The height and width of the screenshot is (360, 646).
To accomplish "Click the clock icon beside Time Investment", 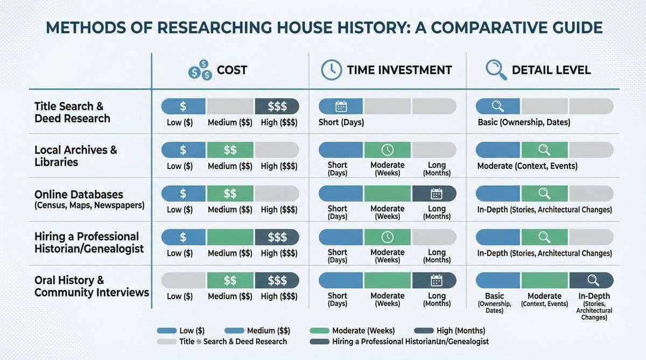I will tap(332, 70).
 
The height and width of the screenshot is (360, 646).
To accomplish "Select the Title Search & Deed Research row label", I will tap(72, 112).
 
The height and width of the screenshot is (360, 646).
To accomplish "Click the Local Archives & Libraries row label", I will tap(75, 156).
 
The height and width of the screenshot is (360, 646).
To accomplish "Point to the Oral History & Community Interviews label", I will tap(92, 286).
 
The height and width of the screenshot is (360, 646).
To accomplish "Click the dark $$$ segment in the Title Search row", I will tap(277, 106).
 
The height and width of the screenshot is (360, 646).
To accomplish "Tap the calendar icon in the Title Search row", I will tap(341, 106).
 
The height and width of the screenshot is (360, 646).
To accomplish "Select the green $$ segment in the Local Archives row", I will tap(230, 150).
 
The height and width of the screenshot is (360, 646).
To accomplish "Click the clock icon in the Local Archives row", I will tap(387, 150).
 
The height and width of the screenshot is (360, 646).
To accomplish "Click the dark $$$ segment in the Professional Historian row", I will tap(277, 237).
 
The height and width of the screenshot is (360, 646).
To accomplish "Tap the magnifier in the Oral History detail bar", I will tap(593, 280).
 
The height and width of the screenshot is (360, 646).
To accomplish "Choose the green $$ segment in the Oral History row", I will tap(230, 280).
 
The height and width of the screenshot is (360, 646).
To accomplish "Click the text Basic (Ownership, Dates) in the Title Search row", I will tap(524, 122).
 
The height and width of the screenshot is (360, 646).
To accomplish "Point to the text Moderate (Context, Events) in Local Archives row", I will tap(527, 166).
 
